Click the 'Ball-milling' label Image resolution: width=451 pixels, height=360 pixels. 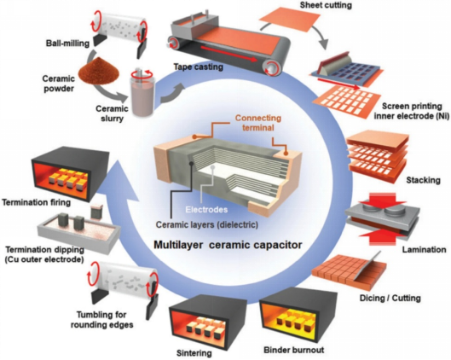tap(67, 44)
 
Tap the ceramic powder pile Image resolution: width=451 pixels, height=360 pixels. tap(99, 69)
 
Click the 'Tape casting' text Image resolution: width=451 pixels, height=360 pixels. tap(198, 67)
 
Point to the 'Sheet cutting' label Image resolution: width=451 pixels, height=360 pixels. tap(326, 5)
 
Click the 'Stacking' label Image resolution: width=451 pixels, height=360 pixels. tap(423, 180)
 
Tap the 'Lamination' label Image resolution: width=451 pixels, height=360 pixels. tap(424, 249)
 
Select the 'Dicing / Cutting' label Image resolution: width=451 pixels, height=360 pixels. tap(390, 298)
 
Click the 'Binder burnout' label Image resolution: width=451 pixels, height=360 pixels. tap(293, 351)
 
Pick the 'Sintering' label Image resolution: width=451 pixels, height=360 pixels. tap(194, 353)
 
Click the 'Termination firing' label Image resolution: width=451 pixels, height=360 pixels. tap(37, 202)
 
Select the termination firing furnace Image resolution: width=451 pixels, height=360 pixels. tap(70, 172)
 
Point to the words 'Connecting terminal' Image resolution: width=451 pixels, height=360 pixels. tap(258, 123)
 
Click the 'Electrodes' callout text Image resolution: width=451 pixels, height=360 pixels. tap(206, 210)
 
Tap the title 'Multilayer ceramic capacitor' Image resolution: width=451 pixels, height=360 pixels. tap(228, 245)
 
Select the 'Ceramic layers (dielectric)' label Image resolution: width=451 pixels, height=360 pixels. tap(207, 224)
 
